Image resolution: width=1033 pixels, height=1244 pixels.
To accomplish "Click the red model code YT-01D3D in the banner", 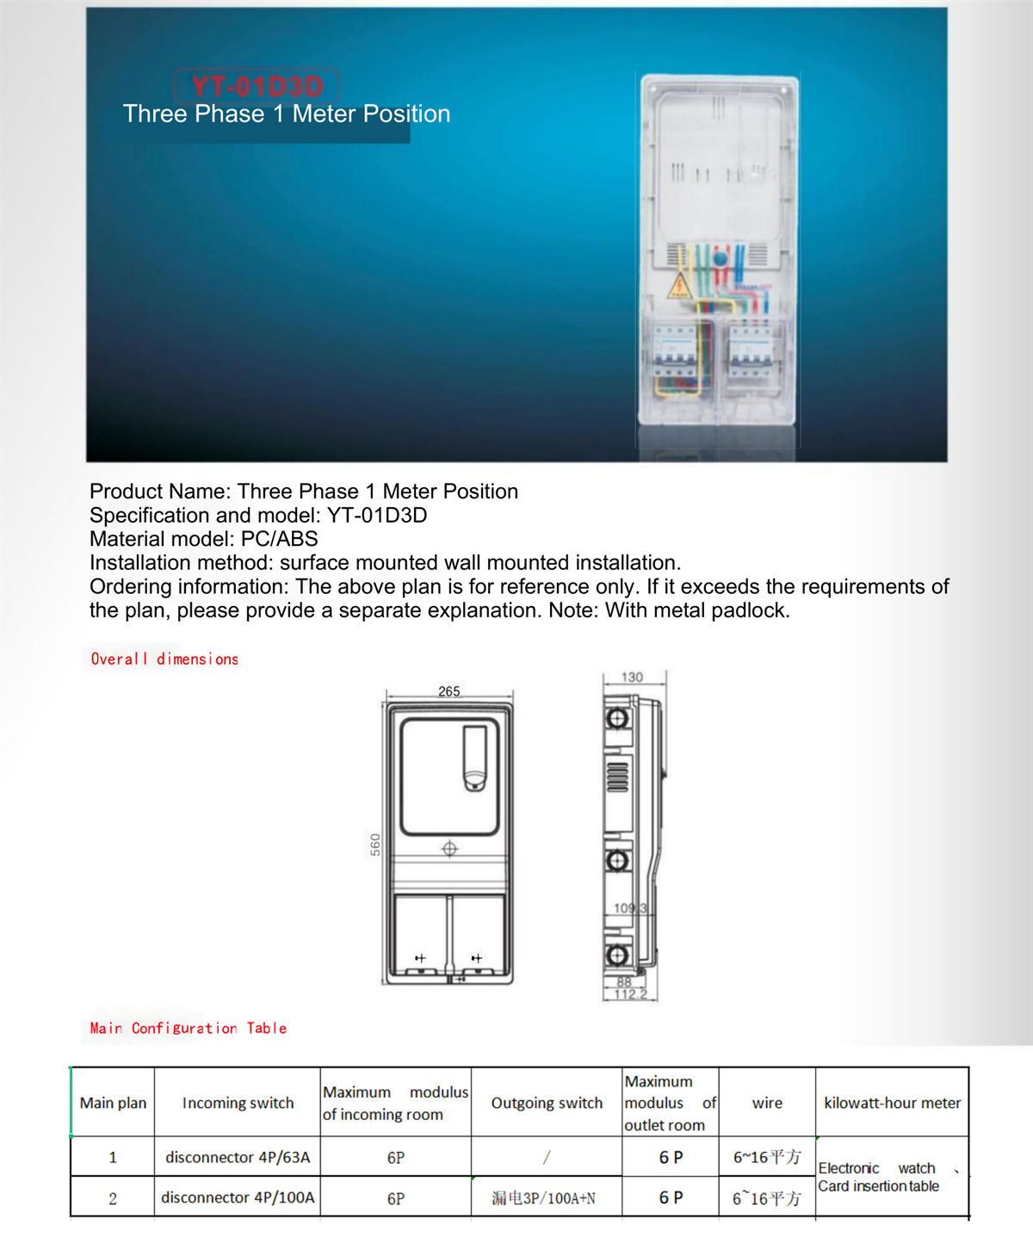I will (257, 86).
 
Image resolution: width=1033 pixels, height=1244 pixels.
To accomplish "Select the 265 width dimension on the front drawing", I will (448, 691).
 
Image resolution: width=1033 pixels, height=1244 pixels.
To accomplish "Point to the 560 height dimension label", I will (375, 844).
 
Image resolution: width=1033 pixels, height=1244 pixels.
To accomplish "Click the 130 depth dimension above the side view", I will (632, 678).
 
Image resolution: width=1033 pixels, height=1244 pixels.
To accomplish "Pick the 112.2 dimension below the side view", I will (630, 994).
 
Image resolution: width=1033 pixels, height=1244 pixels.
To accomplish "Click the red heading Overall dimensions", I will (164, 659).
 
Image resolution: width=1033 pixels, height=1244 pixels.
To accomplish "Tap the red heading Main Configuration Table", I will (188, 1028).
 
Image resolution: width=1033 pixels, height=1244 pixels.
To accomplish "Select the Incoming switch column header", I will (238, 1103).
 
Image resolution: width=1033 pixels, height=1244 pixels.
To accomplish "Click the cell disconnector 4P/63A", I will (238, 1157).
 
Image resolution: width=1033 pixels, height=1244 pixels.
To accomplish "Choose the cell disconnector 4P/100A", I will (238, 1198).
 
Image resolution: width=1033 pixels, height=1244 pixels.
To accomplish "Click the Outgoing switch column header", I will (547, 1103).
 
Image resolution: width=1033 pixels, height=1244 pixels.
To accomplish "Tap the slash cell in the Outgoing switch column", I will (547, 1157).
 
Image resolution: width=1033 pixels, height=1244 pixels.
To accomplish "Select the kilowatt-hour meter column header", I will (892, 1103).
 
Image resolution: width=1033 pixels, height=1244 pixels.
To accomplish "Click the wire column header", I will (767, 1103).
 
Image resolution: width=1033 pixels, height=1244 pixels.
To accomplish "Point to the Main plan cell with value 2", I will (113, 1198).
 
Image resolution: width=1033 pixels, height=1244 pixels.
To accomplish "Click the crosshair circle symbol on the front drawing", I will (449, 849).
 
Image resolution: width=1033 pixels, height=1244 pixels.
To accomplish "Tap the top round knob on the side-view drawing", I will (617, 718).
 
